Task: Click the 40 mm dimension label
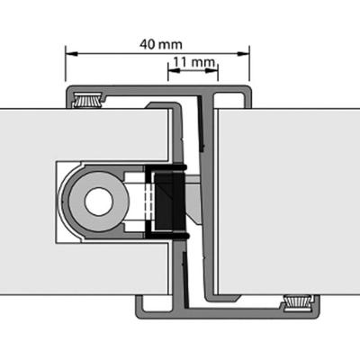(157, 43)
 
